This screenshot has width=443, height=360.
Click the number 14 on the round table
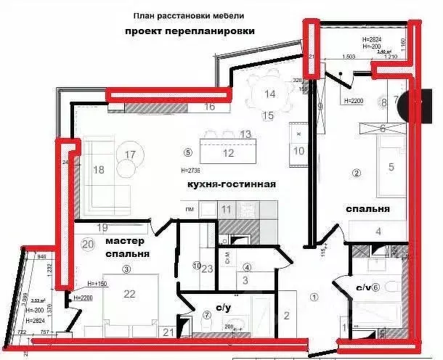point(269,94)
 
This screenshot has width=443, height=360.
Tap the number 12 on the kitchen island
point(228,153)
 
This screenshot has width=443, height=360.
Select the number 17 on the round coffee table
point(130,154)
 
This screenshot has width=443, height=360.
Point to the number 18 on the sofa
point(99,170)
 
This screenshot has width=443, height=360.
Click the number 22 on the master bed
point(130,294)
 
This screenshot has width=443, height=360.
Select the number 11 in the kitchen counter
point(227,209)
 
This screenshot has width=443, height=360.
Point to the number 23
point(207,269)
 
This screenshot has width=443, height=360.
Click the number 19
point(102,227)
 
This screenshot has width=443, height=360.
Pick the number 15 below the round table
point(268,115)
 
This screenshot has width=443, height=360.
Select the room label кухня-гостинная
point(232,184)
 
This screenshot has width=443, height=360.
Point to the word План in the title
point(144,15)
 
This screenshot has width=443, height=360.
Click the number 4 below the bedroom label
point(378,232)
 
